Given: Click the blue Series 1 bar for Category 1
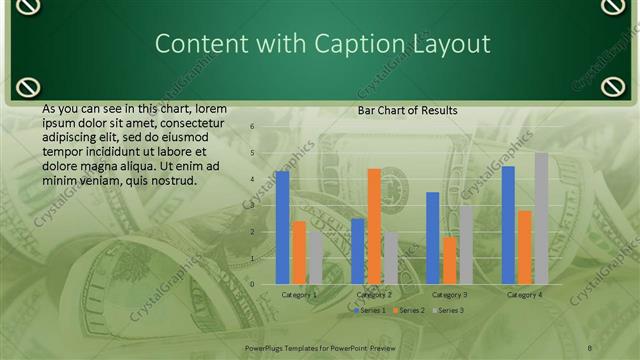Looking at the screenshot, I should point(283,228).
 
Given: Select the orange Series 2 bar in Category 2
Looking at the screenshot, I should point(374,226).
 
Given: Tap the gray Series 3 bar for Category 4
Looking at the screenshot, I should point(541,218).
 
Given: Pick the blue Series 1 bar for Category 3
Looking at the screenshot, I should point(433,238).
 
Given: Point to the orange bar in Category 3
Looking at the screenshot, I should point(449,260).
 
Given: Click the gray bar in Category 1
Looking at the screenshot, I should point(315,258).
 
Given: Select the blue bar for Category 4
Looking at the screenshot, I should point(508,225).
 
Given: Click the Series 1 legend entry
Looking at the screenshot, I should point(370,310).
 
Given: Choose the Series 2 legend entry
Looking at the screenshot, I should point(410,310).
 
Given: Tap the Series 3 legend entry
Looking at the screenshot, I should point(449,310).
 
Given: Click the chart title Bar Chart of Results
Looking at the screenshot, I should point(408,110).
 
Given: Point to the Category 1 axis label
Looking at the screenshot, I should point(299,295).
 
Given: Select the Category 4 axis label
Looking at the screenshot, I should point(524,295).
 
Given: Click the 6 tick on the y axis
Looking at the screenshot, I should point(253,127).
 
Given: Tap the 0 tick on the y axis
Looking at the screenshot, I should point(253,284).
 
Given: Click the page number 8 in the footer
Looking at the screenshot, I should point(590,346).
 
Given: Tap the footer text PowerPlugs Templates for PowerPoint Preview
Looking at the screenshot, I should point(320,346).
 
